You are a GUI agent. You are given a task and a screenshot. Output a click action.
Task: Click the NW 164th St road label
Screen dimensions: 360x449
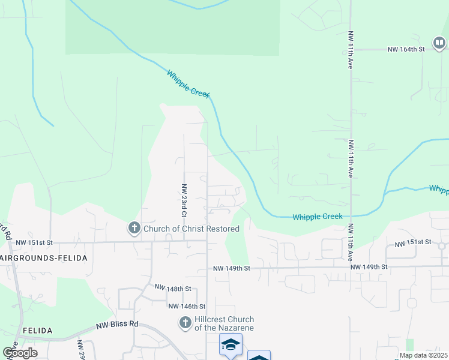[x=406, y=49]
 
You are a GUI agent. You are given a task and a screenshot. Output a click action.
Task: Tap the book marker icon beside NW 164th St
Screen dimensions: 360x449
[x=439, y=43]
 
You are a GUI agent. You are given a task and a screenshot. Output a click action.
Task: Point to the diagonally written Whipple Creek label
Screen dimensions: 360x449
[x=188, y=84]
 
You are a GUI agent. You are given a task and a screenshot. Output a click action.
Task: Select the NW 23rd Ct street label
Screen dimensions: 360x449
[x=184, y=200]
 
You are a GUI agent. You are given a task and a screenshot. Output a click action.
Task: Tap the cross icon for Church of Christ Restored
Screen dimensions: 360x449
[x=134, y=228]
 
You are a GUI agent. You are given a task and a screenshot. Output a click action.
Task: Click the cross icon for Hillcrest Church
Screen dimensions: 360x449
[x=185, y=323]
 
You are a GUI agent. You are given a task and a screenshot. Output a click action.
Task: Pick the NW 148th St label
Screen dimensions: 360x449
[x=172, y=289]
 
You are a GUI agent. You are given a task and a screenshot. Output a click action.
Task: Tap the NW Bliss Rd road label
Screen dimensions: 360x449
[x=117, y=326]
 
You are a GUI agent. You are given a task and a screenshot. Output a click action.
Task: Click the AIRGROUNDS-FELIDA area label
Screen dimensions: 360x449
[x=44, y=258]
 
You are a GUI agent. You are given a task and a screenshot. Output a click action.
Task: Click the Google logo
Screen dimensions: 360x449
[x=20, y=353]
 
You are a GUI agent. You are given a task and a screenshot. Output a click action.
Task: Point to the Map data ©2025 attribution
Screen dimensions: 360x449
[x=424, y=355]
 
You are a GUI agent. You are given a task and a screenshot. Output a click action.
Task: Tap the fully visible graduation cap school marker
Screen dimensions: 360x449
[x=231, y=345]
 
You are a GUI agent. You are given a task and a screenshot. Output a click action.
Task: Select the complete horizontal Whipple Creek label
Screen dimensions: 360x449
[x=318, y=217]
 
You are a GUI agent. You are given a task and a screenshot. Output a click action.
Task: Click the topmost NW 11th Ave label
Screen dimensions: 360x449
[x=350, y=50]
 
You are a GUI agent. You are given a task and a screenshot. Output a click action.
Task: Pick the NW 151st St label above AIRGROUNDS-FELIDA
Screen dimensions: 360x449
[x=34, y=242]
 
